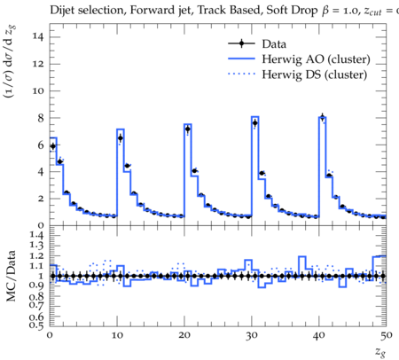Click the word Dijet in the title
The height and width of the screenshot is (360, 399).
[x=62, y=11]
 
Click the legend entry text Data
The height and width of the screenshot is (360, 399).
[x=274, y=44]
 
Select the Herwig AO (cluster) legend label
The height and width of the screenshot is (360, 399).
[x=316, y=59]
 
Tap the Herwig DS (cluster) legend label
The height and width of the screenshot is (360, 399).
[x=315, y=74]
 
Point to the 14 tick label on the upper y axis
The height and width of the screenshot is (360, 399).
[x=38, y=37]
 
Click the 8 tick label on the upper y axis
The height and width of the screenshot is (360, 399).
[x=41, y=118]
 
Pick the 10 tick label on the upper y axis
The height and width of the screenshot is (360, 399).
[x=38, y=90]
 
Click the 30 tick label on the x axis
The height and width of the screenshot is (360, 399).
[x=252, y=336]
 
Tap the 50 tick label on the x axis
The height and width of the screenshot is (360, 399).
[x=387, y=336]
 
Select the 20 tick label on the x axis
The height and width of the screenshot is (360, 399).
[x=184, y=336]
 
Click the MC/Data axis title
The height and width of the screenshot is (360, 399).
[x=11, y=276]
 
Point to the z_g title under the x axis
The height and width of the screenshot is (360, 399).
[x=380, y=352]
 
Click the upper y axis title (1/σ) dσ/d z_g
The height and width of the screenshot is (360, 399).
[x=10, y=62]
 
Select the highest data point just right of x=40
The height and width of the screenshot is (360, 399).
[x=323, y=116]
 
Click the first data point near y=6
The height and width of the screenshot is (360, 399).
[x=53, y=146]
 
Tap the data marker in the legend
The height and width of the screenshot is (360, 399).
[x=241, y=43]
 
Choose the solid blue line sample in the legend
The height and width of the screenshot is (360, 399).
[x=241, y=59]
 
